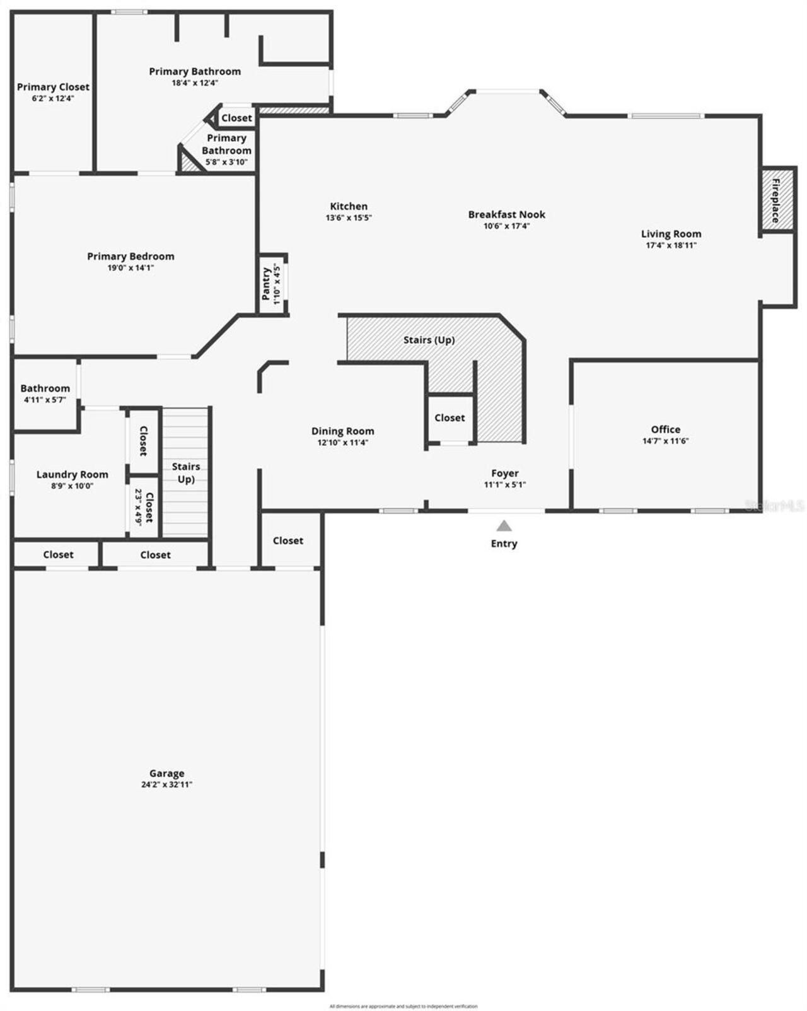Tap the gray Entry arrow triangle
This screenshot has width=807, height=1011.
pyautogui.click(x=504, y=526)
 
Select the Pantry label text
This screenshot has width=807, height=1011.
pyautogui.click(x=267, y=284)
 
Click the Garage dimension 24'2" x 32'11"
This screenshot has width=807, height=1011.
pyautogui.click(x=166, y=785)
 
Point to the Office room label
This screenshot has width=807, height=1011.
pyautogui.click(x=665, y=430)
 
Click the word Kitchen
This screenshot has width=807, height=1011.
pyautogui.click(x=349, y=206)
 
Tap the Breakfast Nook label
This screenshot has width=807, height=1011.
pyautogui.click(x=506, y=214)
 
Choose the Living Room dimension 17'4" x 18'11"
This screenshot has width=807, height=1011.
pyautogui.click(x=671, y=245)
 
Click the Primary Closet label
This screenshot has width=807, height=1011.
pyautogui.click(x=53, y=87)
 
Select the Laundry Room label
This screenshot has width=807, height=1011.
pyautogui.click(x=72, y=474)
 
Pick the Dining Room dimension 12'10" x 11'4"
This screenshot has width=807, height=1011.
pyautogui.click(x=342, y=443)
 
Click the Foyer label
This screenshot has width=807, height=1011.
pyautogui.click(x=504, y=473)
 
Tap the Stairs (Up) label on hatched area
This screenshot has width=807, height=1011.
pyautogui.click(x=429, y=340)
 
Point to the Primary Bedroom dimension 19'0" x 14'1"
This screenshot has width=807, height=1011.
pyautogui.click(x=131, y=267)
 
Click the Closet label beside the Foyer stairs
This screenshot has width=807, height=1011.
pyautogui.click(x=450, y=418)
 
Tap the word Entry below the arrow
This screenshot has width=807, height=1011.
pyautogui.click(x=504, y=544)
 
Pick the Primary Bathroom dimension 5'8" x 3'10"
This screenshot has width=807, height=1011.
pyautogui.click(x=226, y=162)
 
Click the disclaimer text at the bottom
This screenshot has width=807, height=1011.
pyautogui.click(x=403, y=1006)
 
